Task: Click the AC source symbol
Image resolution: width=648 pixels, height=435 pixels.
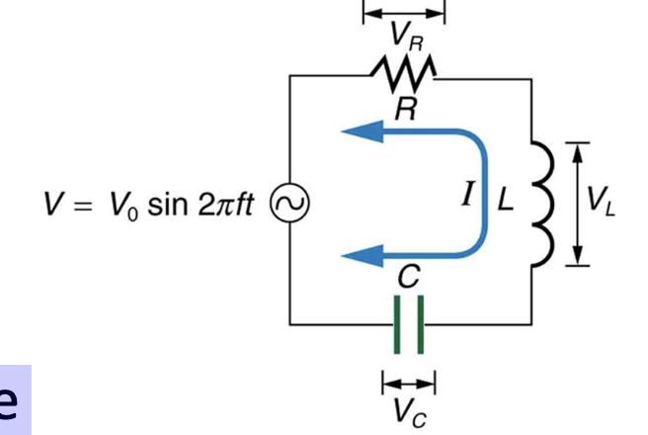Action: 289,203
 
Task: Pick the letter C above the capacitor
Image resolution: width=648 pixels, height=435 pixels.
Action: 407,281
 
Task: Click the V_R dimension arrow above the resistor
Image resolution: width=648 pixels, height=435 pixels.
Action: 404,13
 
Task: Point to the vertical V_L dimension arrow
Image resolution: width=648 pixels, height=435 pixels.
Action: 577,203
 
